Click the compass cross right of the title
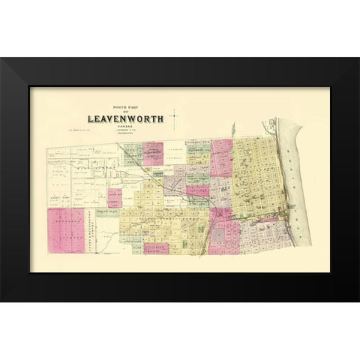click(173, 118)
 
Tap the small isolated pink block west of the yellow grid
click(114, 198)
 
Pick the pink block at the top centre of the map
click(154, 152)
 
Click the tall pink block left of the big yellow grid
click(222, 157)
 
